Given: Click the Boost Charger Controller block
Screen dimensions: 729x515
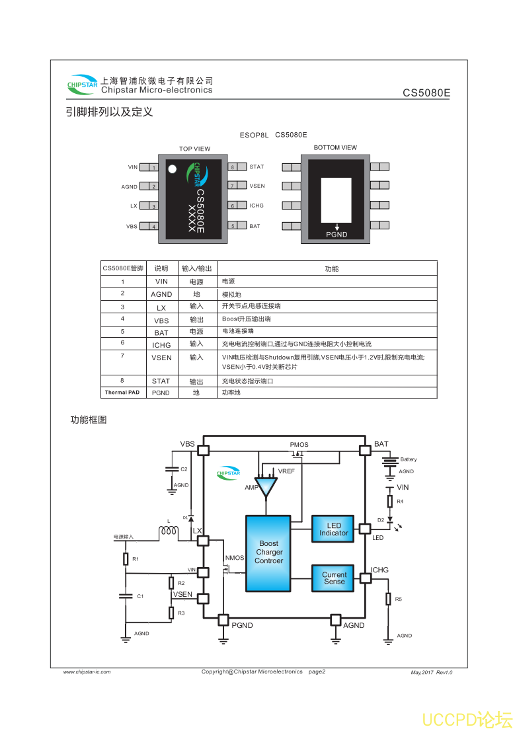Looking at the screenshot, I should pyautogui.click(x=268, y=553).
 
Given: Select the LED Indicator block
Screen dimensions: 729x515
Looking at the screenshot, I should pyautogui.click(x=334, y=529).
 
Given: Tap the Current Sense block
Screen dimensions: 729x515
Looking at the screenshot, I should pyautogui.click(x=334, y=578).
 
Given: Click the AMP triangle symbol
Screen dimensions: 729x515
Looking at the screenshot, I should pyautogui.click(x=267, y=488).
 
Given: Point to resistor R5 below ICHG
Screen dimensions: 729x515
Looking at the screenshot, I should pyautogui.click(x=388, y=599).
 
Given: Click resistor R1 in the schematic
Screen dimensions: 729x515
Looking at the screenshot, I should pyautogui.click(x=126, y=559).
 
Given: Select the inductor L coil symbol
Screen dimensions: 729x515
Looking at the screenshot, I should pyautogui.click(x=168, y=532).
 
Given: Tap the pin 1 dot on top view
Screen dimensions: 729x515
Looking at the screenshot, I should pyautogui.click(x=173, y=169).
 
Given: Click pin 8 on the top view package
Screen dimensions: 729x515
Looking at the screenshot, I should pyautogui.click(x=233, y=167).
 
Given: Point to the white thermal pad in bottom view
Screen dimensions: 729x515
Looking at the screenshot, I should pyautogui.click(x=336, y=200).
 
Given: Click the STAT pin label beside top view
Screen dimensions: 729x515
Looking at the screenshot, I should pyautogui.click(x=257, y=167).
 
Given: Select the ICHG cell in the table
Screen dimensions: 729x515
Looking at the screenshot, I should pyautogui.click(x=161, y=345).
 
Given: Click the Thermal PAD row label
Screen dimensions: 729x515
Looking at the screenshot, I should pyautogui.click(x=122, y=393).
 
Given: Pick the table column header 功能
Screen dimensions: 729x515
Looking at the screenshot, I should pyautogui.click(x=331, y=269).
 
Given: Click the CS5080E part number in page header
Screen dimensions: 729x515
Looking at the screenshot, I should pyautogui.click(x=426, y=93).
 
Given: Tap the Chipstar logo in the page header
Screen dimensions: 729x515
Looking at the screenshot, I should pyautogui.click(x=82, y=84).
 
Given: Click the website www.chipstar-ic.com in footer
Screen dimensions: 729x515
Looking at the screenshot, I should pyautogui.click(x=87, y=672).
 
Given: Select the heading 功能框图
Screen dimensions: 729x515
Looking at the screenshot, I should pyautogui.click(x=89, y=420).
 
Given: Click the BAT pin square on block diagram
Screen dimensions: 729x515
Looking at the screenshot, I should pyautogui.click(x=364, y=450).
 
